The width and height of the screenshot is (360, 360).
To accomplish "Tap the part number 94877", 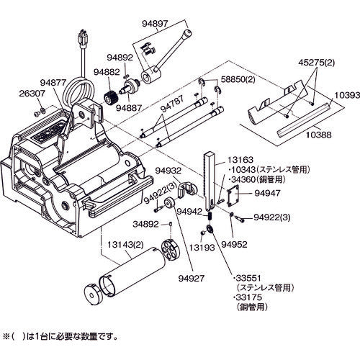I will (x=53, y=83).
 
